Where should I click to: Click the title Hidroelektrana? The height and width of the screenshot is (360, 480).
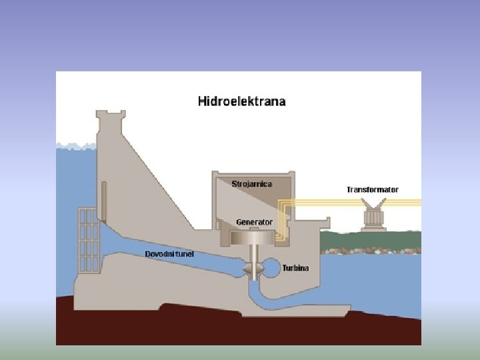241,101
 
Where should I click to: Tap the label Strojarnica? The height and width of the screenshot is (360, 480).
252,183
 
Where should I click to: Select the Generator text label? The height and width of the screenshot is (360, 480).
254,221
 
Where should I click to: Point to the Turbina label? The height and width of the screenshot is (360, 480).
296,268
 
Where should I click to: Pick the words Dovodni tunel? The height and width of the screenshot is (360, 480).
170,254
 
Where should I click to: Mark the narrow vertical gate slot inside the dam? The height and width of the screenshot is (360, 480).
104,200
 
